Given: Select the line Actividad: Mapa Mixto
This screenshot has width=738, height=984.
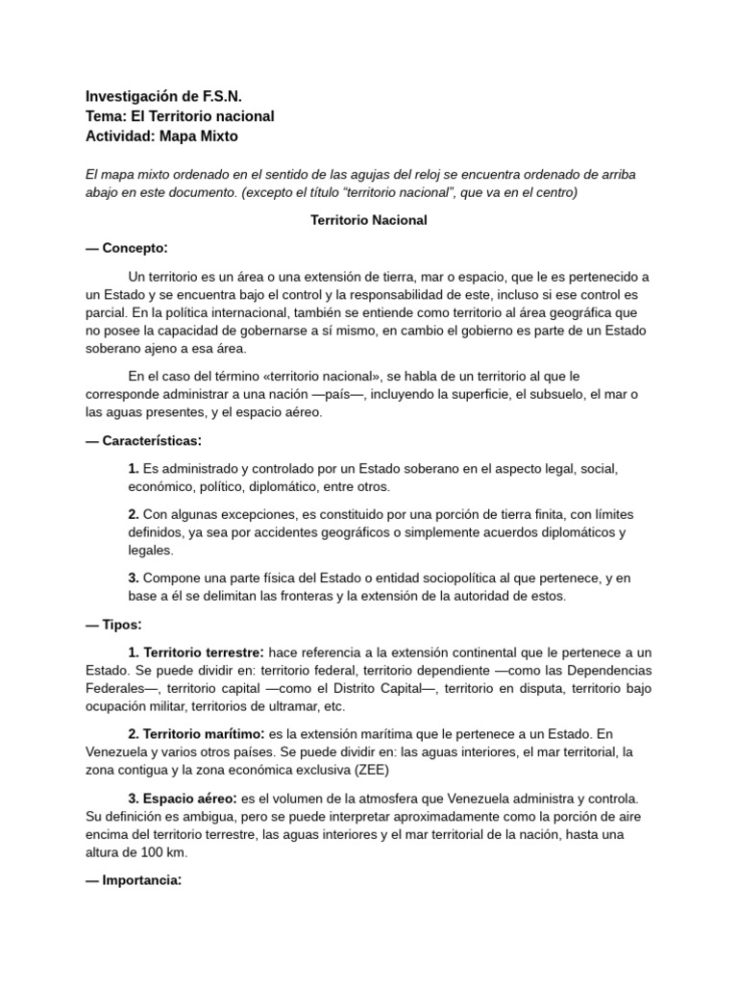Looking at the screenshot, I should click(x=161, y=136).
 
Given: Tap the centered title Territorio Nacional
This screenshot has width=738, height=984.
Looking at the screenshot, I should click(x=368, y=220).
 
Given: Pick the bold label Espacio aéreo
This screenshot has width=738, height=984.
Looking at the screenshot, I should click(x=184, y=798).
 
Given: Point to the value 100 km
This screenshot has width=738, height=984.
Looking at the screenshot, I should click(x=162, y=852).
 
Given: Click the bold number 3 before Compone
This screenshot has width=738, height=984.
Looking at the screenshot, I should click(x=134, y=578).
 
